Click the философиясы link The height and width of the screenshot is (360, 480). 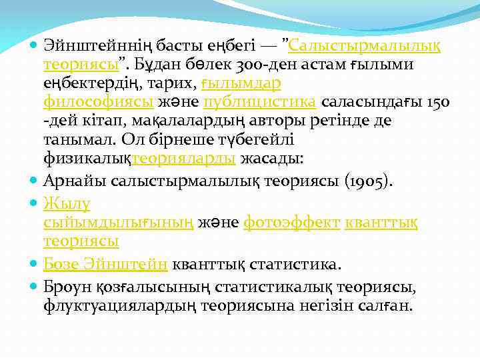click(99, 103)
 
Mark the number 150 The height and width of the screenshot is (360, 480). click(437, 103)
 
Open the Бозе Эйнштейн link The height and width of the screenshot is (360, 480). click(105, 264)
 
